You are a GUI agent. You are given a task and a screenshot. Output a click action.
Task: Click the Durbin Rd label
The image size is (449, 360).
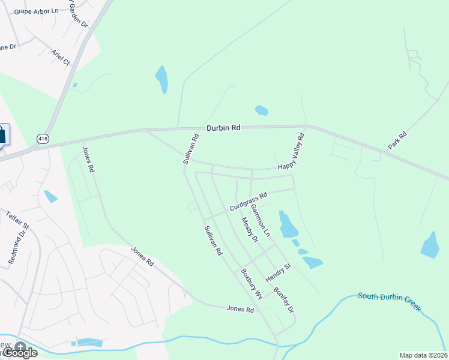pyautogui.click(x=223, y=128)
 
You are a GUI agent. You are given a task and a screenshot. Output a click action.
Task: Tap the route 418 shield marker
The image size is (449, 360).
pyautogui.click(x=42, y=139)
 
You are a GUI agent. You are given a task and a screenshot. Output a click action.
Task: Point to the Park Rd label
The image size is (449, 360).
pyautogui.click(x=397, y=140)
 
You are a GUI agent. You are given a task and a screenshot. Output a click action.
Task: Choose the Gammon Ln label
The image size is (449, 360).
pyautogui.click(x=261, y=220)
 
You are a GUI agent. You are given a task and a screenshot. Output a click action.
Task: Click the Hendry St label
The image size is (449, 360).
pyautogui.click(x=279, y=274)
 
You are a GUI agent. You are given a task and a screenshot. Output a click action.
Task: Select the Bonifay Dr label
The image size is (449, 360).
pyautogui.click(x=283, y=300)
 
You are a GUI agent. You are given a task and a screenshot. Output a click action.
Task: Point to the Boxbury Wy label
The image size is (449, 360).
pyautogui.click(x=252, y=284)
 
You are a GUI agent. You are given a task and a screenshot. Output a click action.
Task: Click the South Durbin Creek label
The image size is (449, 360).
pyautogui.click(x=390, y=302)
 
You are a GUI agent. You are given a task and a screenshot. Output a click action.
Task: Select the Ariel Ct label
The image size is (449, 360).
pyautogui.click(x=61, y=58)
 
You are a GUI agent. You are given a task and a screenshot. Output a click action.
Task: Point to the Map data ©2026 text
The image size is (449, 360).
pyautogui.click(x=423, y=355)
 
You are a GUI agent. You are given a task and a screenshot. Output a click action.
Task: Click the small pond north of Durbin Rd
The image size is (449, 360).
pyautogui.click(x=261, y=110)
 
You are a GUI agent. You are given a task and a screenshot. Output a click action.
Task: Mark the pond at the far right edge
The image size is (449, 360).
pyautogui.click(x=430, y=245)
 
